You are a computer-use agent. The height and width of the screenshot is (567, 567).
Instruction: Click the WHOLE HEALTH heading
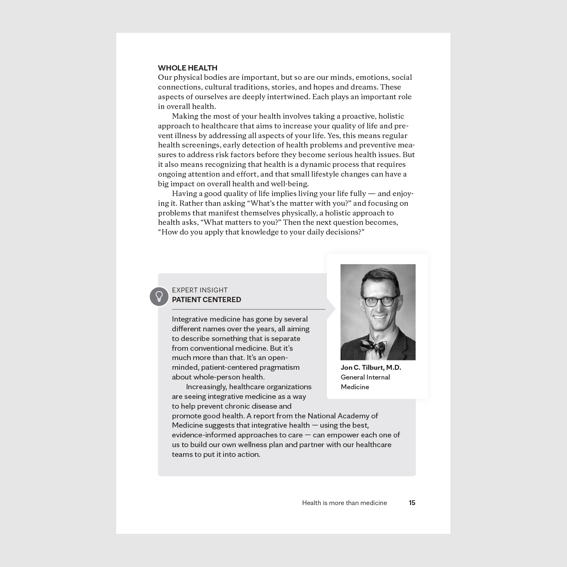tap(188, 68)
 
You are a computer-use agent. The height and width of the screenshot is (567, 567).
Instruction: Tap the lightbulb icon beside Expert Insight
tap(159, 296)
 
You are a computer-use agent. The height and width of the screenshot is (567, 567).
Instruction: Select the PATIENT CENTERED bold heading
tap(206, 300)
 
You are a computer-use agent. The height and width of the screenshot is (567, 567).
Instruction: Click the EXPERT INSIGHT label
tap(200, 290)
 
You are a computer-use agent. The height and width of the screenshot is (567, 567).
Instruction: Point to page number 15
tap(412, 503)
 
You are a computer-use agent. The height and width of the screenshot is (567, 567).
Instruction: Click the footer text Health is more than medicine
tap(344, 503)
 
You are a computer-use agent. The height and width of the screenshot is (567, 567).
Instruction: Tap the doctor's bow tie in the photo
tap(374, 346)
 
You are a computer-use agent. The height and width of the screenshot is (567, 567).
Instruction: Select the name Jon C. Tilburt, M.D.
tap(371, 367)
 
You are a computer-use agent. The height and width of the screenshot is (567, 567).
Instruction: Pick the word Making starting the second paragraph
tap(185, 116)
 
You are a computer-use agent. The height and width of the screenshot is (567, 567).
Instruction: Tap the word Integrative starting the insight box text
tap(192, 319)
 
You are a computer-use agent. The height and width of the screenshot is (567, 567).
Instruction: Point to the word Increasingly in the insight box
tap(206, 387)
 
